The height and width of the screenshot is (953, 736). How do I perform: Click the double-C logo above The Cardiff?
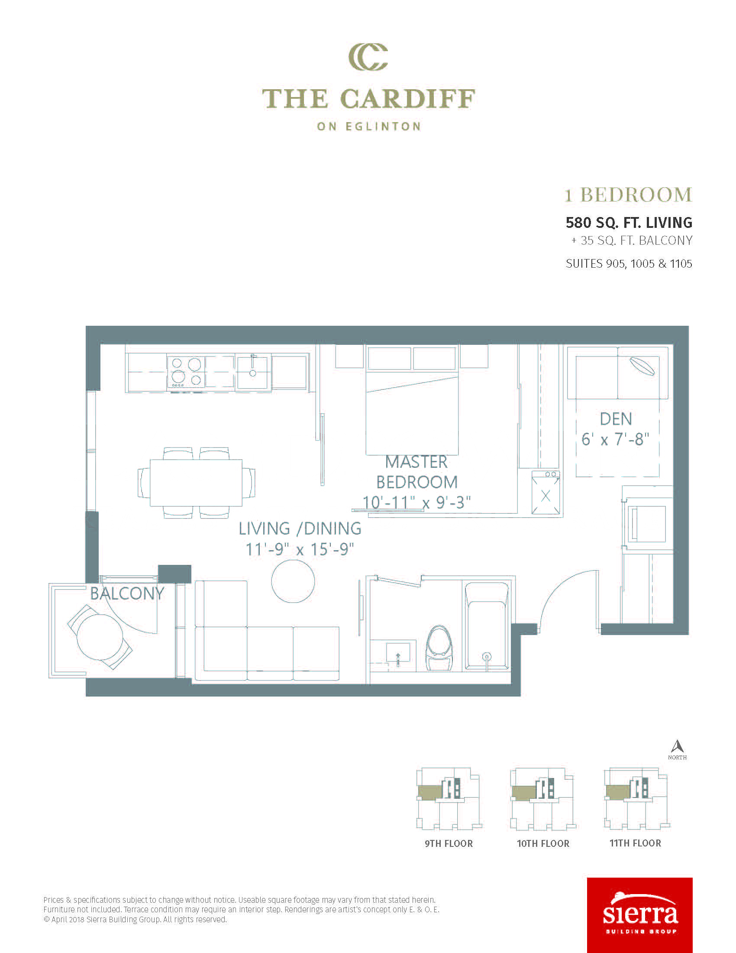click(x=368, y=57)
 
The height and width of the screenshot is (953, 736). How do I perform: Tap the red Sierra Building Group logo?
click(x=639, y=914)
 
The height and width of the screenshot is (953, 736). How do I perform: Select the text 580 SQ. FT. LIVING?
click(x=629, y=223)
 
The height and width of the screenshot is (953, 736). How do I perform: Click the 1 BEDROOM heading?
click(x=628, y=194)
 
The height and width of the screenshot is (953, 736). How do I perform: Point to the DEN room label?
click(x=616, y=419)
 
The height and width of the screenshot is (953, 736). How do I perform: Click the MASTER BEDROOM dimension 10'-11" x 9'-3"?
click(x=416, y=502)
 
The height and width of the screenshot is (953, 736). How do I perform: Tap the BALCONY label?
click(x=127, y=593)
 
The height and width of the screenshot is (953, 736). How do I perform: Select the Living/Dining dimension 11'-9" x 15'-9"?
click(x=300, y=549)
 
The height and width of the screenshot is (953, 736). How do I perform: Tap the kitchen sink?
click(x=252, y=372)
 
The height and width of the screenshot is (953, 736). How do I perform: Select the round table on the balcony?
click(x=100, y=637)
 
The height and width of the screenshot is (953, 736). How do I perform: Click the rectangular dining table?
click(x=196, y=483)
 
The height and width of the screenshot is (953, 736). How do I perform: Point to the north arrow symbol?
click(x=677, y=747)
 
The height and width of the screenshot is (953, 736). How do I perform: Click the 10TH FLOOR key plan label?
click(x=543, y=843)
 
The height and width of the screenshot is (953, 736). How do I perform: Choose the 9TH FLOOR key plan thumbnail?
click(x=448, y=799)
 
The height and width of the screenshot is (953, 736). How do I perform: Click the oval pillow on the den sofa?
click(x=642, y=366)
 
